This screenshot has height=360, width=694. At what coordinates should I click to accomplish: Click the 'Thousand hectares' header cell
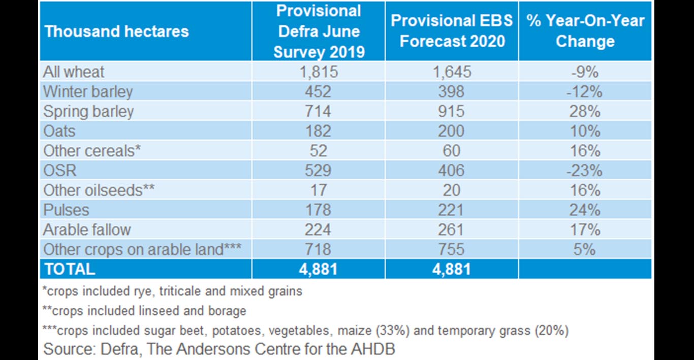click(117, 31)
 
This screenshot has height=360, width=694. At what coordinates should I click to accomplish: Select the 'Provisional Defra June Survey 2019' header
click(319, 31)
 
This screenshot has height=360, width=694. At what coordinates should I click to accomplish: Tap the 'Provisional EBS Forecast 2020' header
click(452, 31)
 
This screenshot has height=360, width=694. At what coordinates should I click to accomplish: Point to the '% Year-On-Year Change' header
click(585, 31)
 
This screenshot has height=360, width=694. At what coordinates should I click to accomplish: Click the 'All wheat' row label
click(74, 72)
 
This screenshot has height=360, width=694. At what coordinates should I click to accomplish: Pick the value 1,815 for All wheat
click(319, 72)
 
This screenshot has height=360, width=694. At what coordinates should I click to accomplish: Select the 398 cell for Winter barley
click(452, 91)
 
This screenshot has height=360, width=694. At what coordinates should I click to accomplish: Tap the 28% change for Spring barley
click(585, 111)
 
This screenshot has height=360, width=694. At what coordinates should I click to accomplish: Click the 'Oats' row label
click(59, 131)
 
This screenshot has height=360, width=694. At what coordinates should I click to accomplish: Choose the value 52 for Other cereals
click(319, 151)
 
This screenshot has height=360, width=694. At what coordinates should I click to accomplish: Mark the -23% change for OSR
click(585, 170)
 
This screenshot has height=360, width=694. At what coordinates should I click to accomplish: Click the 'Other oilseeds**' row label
click(99, 190)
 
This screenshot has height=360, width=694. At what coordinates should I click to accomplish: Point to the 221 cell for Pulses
click(452, 210)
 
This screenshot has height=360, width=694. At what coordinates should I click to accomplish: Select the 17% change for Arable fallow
click(585, 230)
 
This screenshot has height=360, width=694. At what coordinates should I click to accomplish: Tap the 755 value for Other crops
click(452, 249)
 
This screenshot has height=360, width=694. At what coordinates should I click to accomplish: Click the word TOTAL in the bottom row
click(70, 269)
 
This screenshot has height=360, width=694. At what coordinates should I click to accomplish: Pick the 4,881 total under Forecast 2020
click(452, 269)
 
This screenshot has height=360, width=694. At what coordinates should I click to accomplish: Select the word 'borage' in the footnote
click(227, 311)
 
